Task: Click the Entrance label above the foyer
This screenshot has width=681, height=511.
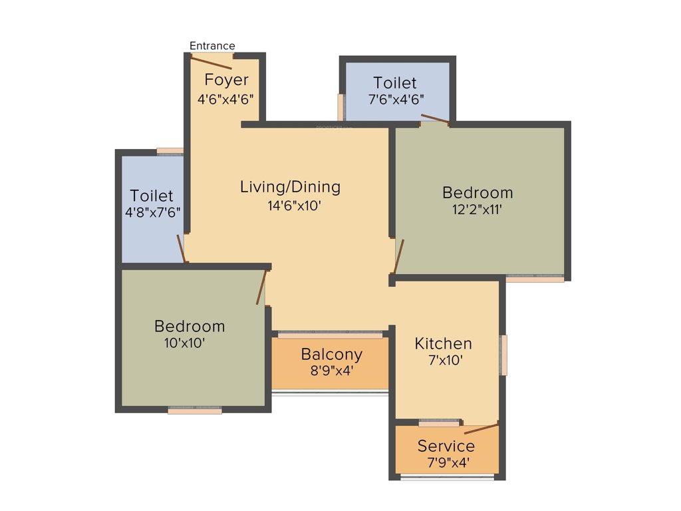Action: click(x=212, y=46)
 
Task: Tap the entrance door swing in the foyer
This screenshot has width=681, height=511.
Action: click(x=211, y=63)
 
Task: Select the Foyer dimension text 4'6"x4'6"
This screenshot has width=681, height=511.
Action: click(x=225, y=98)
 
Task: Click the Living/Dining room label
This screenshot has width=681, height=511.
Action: click(x=290, y=187)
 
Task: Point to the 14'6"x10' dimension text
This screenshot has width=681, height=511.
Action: click(x=295, y=206)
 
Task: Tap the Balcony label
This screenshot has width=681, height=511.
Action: click(x=331, y=354)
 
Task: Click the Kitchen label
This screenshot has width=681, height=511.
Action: click(x=443, y=343)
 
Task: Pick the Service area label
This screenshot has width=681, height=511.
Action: click(x=446, y=446)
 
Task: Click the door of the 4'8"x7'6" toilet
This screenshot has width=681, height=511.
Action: click(x=181, y=249)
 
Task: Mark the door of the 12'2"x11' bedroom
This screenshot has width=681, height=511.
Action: click(x=398, y=257)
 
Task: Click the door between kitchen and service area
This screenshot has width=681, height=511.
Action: click(x=481, y=428)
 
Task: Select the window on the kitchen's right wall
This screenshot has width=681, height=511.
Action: click(x=504, y=355)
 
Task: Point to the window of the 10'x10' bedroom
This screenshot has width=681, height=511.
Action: click(x=194, y=411)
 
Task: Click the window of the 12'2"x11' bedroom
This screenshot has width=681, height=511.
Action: click(x=535, y=279)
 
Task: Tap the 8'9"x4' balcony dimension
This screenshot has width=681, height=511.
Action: click(x=331, y=371)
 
